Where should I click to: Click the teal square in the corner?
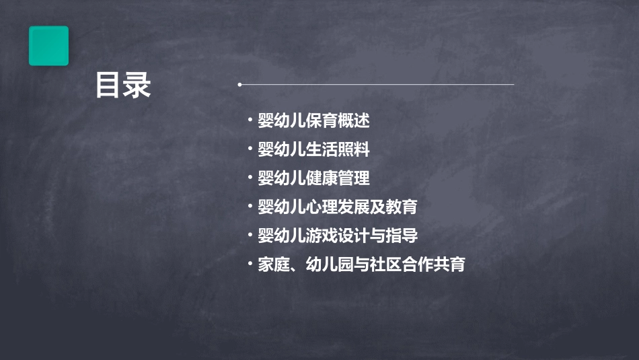click(48, 46)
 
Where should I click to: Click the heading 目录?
click(122, 85)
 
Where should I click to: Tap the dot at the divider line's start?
click(239, 85)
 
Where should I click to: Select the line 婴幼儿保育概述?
click(313, 121)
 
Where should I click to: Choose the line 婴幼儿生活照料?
click(313, 149)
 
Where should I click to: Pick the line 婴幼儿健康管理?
click(313, 178)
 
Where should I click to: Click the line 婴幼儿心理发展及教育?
click(337, 207)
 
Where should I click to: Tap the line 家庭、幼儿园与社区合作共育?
click(361, 264)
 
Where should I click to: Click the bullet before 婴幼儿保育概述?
click(250, 121)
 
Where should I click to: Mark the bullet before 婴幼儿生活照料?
click(250, 149)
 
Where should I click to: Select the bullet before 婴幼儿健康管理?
click(250, 178)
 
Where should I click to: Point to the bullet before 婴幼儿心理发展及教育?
click(250, 207)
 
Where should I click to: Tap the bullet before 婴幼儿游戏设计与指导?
click(250, 236)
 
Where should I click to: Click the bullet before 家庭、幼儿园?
click(250, 264)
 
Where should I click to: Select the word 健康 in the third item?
click(322, 178)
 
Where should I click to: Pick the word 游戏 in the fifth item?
click(322, 236)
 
